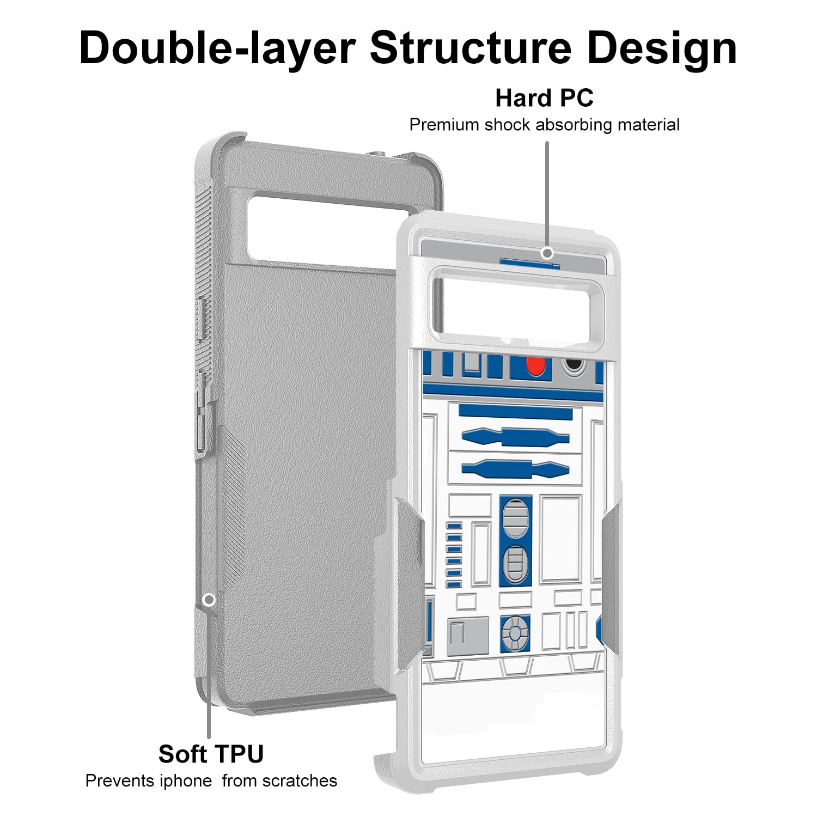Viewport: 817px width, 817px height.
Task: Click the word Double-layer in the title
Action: point(217,48)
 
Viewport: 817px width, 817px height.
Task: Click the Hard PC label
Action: point(544,99)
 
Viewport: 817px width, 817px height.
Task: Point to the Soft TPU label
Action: point(211,754)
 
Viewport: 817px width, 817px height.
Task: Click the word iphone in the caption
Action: point(186,781)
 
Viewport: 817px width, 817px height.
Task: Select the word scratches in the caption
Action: point(300,781)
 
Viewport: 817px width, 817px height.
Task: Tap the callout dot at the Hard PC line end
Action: point(547,253)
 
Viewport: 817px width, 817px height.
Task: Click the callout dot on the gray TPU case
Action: point(209,600)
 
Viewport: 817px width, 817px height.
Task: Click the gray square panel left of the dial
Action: point(467,636)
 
